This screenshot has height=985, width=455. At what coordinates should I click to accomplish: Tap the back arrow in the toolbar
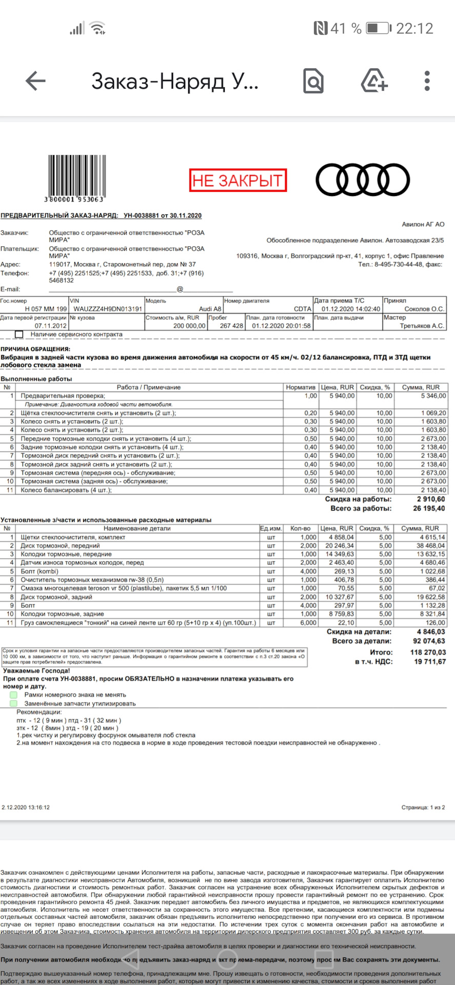tap(35, 81)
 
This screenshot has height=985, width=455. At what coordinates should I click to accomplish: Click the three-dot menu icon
tap(427, 81)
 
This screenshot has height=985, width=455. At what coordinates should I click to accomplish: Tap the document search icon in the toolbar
tap(313, 81)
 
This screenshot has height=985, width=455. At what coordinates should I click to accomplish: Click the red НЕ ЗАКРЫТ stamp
tap(238, 181)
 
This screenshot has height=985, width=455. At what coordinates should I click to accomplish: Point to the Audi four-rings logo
tap(362, 180)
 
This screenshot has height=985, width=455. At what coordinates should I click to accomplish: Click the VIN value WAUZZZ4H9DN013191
tap(107, 309)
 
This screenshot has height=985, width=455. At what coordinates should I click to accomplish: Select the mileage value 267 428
tap(231, 326)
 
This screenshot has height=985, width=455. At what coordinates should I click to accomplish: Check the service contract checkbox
tap(19, 334)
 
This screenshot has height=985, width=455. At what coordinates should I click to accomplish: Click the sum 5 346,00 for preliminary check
tap(433, 396)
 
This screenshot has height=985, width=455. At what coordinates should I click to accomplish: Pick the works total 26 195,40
tap(429, 508)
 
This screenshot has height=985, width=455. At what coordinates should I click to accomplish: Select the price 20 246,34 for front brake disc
tap(339, 546)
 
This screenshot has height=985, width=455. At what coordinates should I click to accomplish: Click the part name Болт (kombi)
tap(39, 572)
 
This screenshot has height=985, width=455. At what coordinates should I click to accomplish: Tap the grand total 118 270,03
tap(428, 653)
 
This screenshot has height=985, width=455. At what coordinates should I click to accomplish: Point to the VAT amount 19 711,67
tap(429, 662)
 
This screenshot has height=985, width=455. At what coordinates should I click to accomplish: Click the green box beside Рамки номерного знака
tap(14, 695)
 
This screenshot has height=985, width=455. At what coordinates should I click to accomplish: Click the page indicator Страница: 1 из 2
tap(423, 807)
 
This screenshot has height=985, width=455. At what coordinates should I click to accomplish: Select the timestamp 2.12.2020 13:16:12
tap(26, 807)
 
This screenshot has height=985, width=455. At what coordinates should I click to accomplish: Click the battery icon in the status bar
tap(379, 28)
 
